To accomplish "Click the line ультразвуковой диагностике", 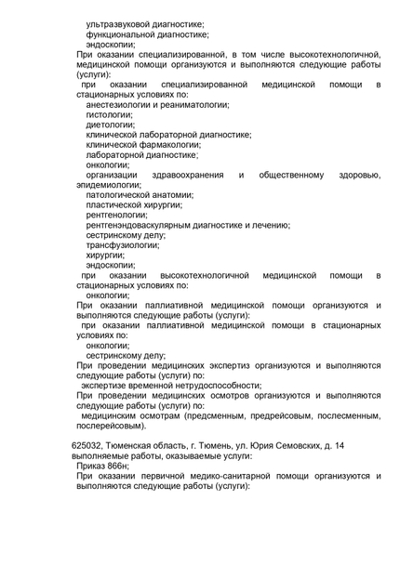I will click(x=145, y=23).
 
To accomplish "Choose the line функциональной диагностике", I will click(x=147, y=33).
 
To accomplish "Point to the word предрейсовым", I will click(x=247, y=415).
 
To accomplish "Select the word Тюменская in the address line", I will click(x=132, y=446).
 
